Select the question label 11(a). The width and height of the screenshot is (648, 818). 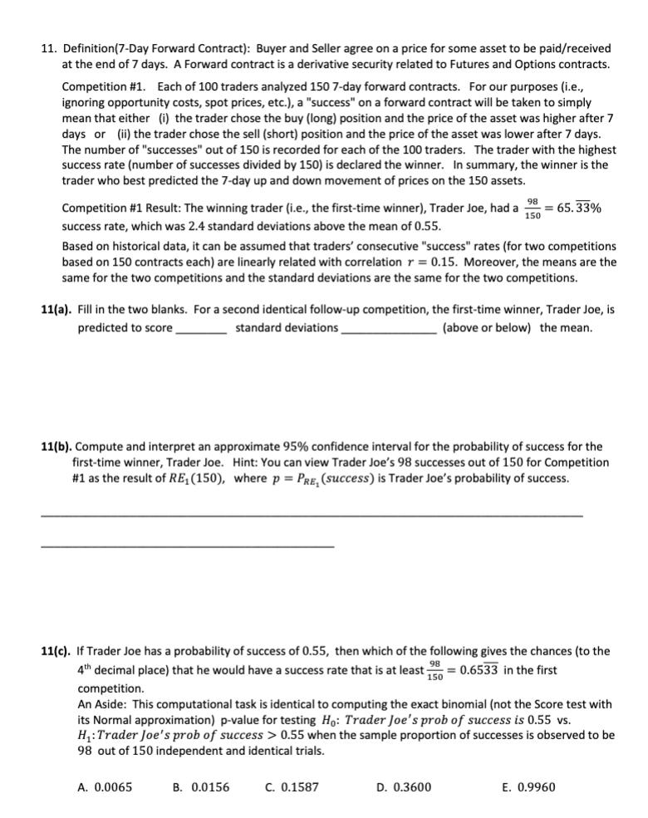[56, 310]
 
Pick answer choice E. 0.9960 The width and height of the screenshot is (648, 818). [528, 787]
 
